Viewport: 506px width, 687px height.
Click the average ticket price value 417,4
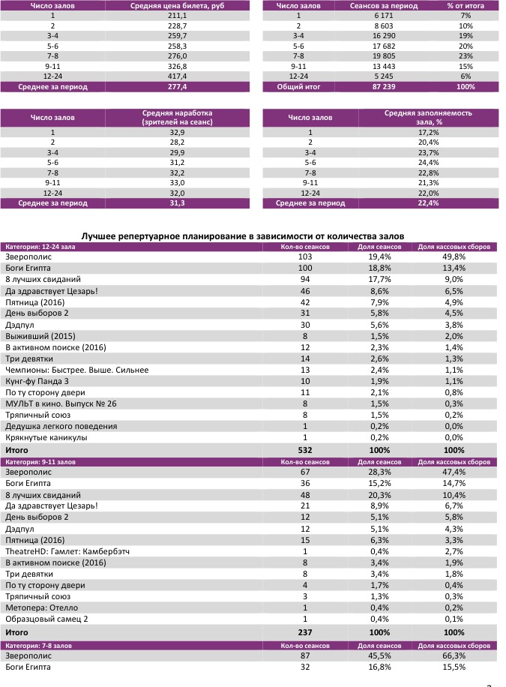click(177, 76)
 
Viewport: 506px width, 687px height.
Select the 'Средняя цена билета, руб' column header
click(177, 5)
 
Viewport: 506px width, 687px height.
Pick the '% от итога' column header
click(466, 5)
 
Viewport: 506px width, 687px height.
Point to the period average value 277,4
click(177, 87)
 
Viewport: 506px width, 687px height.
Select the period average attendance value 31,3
click(177, 203)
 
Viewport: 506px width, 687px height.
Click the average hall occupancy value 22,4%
click(428, 203)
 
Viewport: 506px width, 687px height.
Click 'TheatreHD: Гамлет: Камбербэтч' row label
click(68, 551)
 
